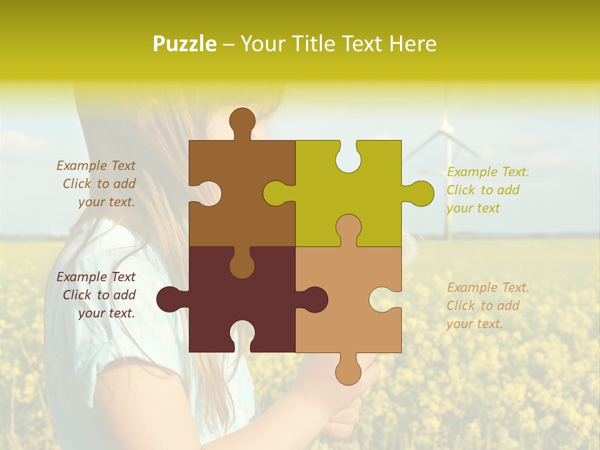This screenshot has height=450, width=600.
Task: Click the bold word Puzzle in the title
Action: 185,44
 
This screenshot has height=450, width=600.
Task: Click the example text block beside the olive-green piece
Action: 487,190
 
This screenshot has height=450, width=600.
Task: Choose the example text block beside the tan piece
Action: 487,306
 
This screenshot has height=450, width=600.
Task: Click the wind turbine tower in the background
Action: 447,187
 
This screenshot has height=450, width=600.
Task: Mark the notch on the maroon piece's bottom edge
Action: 242,338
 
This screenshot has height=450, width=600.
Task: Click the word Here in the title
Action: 412,44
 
